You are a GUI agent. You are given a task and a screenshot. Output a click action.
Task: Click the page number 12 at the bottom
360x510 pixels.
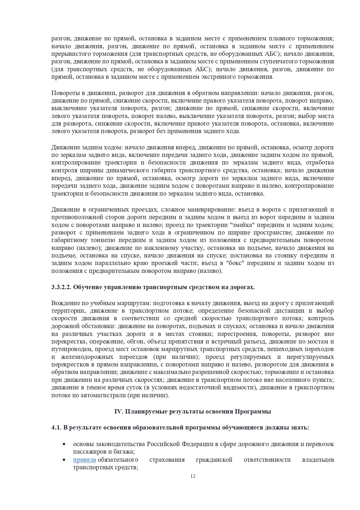193,476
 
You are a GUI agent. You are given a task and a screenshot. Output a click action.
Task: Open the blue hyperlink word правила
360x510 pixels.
84,460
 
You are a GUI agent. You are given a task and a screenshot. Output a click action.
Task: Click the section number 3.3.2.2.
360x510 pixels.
61,287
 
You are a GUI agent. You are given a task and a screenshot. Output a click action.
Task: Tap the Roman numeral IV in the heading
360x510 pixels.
118,411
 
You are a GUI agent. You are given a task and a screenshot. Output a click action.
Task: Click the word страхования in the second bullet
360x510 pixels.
167,460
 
